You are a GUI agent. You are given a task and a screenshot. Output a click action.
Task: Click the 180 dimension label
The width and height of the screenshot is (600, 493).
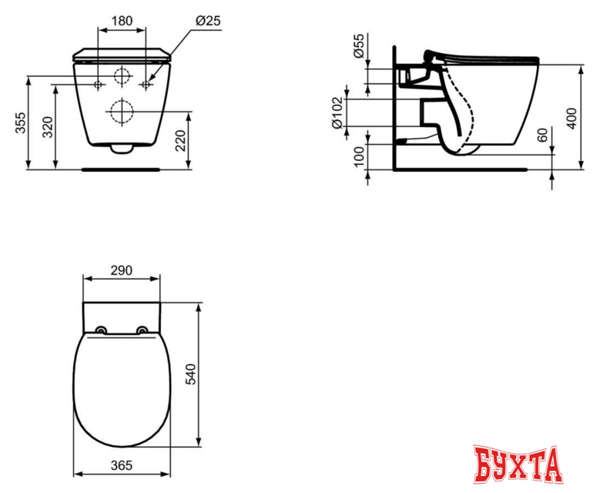(121, 21)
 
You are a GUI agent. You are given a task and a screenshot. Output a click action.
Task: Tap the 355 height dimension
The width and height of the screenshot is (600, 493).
(21, 122)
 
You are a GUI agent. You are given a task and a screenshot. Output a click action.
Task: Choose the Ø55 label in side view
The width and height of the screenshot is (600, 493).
(359, 48)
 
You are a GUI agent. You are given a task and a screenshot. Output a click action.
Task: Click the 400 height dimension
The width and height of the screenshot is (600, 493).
(571, 118)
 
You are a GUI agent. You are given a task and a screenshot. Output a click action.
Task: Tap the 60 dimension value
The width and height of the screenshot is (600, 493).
(543, 136)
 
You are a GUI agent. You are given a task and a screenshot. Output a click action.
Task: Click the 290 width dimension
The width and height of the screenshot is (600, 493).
(122, 270)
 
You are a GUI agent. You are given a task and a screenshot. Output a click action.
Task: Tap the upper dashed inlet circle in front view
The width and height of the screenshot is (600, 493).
(121, 77)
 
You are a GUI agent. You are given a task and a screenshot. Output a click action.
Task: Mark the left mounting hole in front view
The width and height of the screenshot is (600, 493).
(98, 82)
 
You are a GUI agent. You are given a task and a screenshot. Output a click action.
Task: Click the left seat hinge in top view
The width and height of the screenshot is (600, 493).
(101, 331)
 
